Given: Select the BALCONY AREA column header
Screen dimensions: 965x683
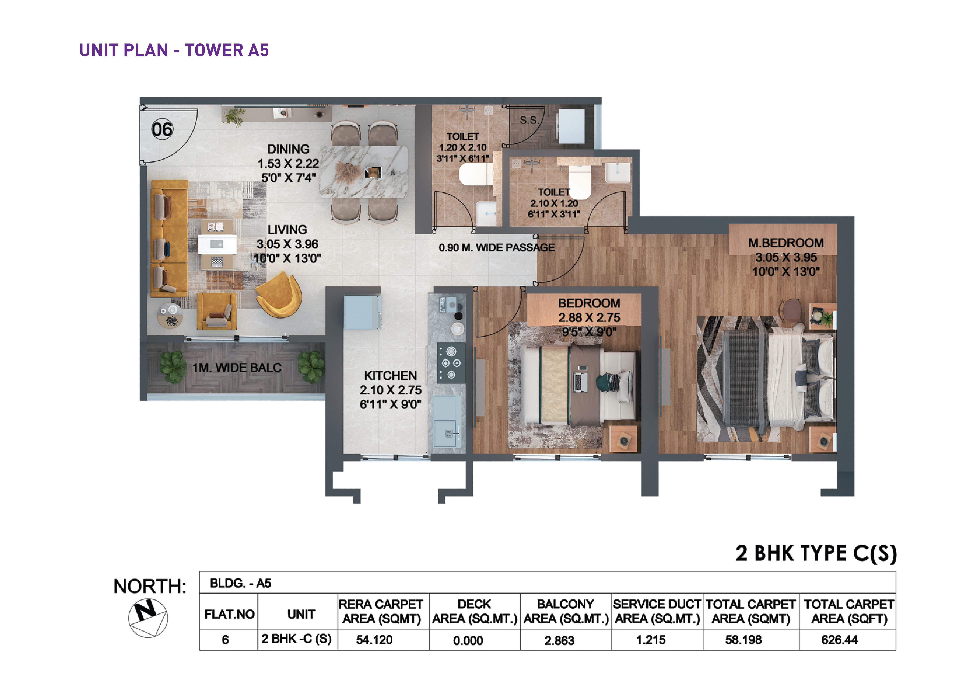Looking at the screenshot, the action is (566, 611).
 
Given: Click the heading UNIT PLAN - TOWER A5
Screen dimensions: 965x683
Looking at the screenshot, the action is (174, 50).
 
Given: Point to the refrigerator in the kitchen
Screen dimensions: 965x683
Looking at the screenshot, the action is (362, 312).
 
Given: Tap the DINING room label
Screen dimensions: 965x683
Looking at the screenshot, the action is (288, 149).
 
